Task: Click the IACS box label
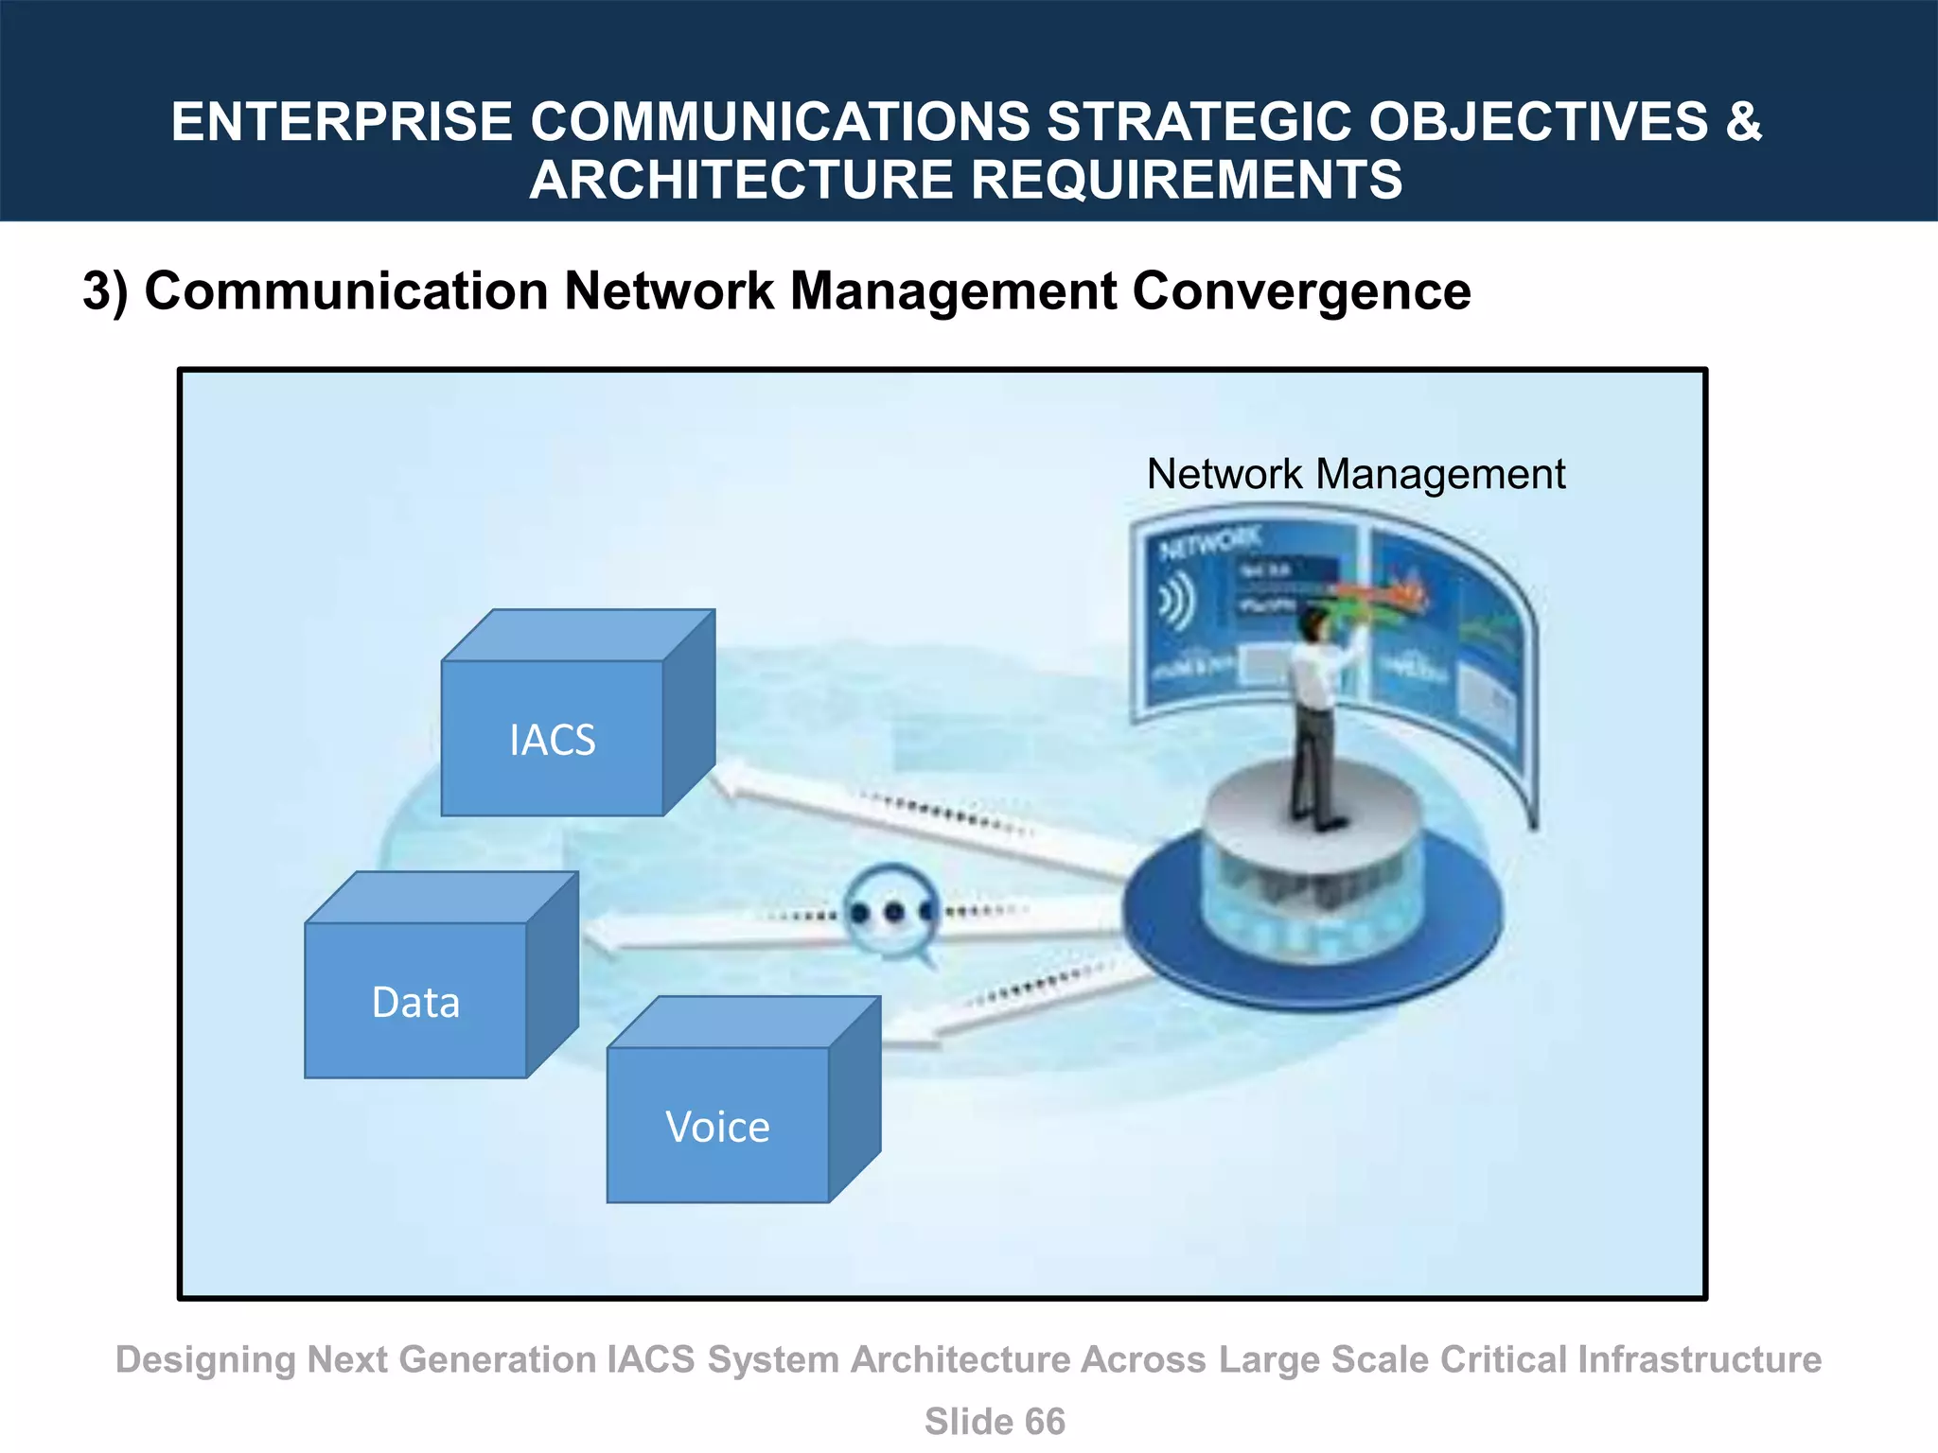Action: [553, 740]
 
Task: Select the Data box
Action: [416, 1001]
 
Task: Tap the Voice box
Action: [717, 1126]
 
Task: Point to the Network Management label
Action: [1355, 474]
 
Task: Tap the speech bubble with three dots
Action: [891, 912]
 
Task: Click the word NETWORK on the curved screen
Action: [1210, 543]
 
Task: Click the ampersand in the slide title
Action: [1744, 122]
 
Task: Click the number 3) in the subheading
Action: [105, 290]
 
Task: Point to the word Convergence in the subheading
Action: [1301, 290]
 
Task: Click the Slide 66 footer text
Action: [995, 1421]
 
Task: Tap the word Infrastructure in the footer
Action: [1699, 1359]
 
